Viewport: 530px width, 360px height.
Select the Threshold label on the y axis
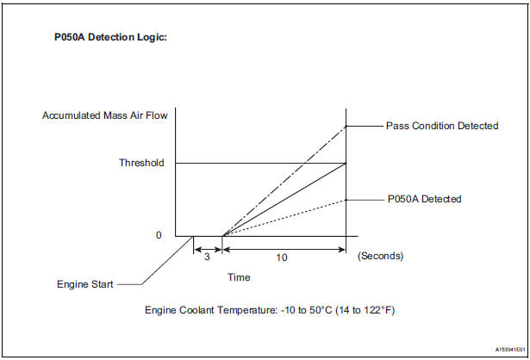(141, 163)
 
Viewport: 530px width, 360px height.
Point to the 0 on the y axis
(159, 235)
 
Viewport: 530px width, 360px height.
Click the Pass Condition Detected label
(441, 126)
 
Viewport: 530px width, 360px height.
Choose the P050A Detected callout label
(423, 199)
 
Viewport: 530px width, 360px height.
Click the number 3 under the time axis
(206, 256)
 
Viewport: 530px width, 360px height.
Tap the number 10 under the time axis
(284, 256)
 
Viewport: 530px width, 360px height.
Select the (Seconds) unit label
(380, 256)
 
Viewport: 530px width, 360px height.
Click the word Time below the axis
(239, 277)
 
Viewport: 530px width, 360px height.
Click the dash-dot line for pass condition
(284, 180)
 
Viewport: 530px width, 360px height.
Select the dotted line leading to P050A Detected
(284, 217)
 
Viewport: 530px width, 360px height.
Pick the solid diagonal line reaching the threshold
(284, 199)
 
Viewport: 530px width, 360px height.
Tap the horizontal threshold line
(259, 163)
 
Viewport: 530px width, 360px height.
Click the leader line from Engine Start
(155, 263)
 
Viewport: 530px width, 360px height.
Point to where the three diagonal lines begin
(222, 235)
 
